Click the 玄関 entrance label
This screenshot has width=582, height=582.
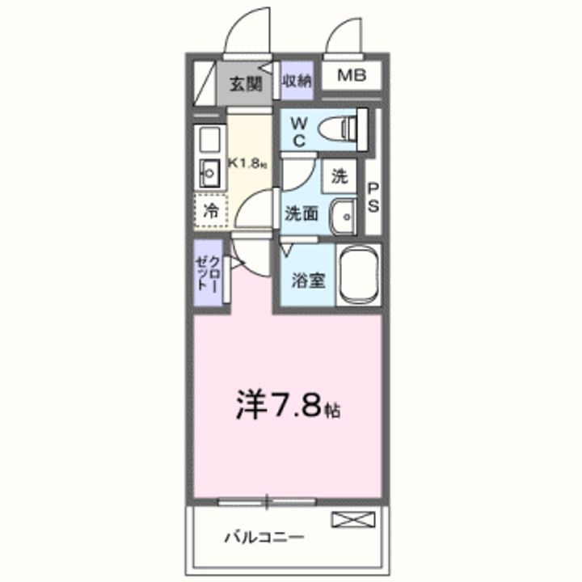coord(245,82)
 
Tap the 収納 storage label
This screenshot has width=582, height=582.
coord(297,80)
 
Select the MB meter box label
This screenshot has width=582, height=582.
coord(351,77)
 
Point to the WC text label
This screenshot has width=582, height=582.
coord(297,131)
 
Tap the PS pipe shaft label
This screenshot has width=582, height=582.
coord(373,196)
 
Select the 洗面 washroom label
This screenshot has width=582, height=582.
coord(300,215)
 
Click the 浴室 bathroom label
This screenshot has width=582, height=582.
coord(308,280)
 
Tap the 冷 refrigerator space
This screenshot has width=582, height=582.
coord(210,214)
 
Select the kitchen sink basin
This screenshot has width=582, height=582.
coord(210,172)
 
